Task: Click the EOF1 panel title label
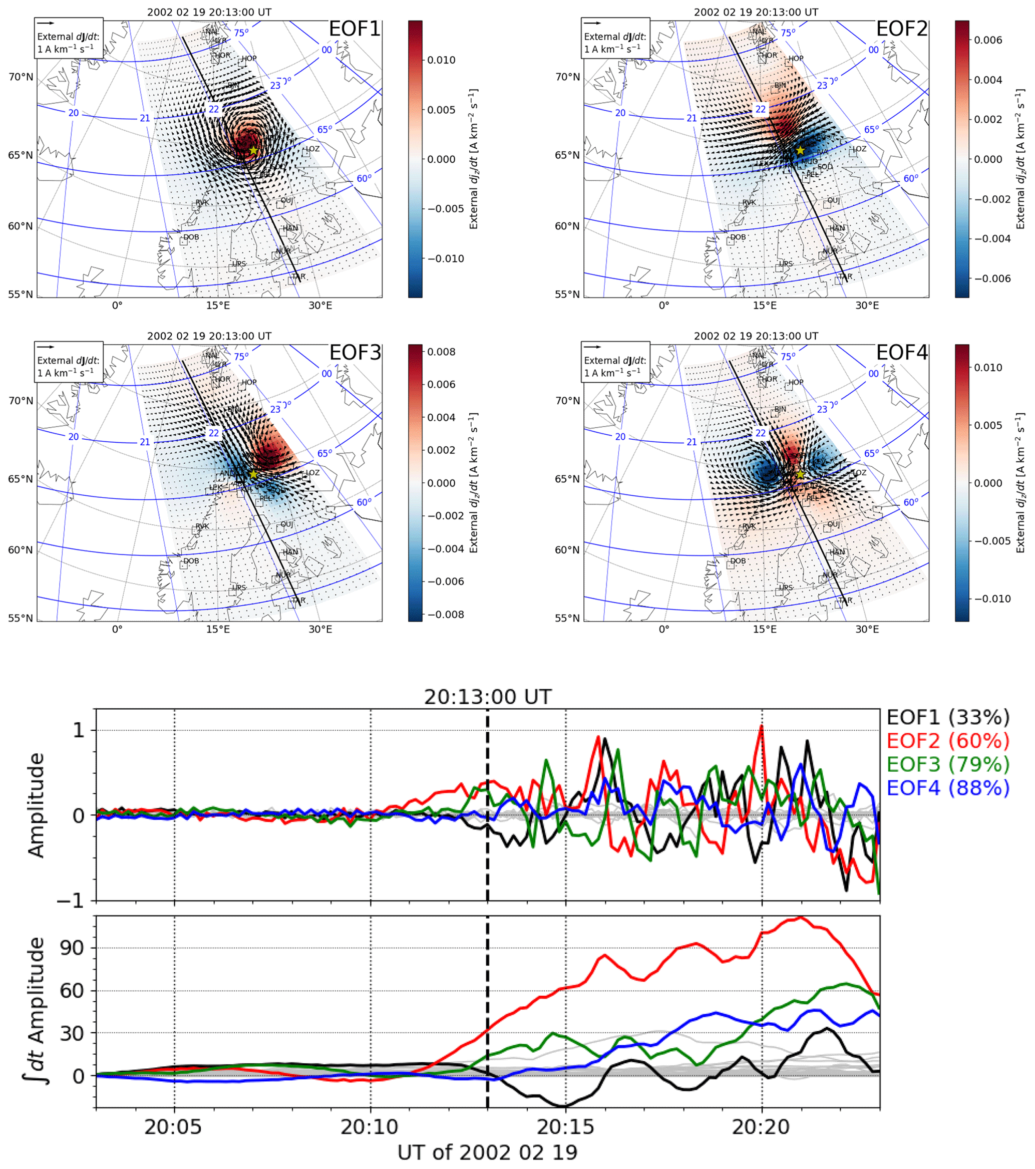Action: [355, 29]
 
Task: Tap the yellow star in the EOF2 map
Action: [800, 150]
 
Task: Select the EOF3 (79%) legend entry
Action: [947, 764]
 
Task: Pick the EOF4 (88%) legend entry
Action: [947, 788]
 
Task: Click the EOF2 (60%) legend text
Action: [947, 741]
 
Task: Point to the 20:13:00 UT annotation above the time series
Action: [487, 697]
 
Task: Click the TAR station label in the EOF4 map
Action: [845, 601]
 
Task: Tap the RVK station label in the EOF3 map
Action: [202, 526]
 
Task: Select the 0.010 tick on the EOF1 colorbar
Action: [441, 60]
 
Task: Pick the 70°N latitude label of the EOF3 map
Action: [21, 401]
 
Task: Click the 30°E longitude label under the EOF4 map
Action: [867, 629]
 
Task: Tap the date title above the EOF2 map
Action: [756, 12]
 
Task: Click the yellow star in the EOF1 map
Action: [253, 150]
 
